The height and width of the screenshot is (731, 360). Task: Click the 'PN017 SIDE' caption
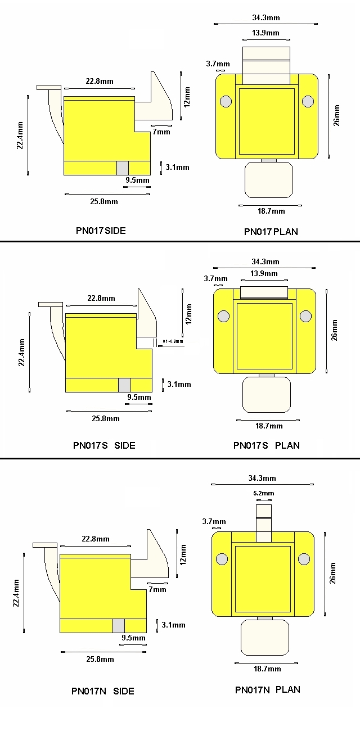[x=101, y=231]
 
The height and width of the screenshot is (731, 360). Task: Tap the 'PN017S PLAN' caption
[x=266, y=445]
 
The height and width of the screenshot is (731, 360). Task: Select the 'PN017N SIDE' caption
[x=103, y=691]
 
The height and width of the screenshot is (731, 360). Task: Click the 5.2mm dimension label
[x=264, y=493]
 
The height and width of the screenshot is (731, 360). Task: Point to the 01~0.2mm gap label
[x=173, y=341]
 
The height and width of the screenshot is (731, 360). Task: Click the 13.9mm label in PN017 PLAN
[x=265, y=33]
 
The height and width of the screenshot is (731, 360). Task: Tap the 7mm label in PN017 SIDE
[x=161, y=132]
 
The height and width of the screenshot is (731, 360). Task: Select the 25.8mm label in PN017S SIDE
[x=106, y=418]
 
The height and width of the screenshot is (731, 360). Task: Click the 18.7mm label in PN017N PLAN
[x=267, y=669]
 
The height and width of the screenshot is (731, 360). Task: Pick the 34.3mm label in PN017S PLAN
[x=265, y=261]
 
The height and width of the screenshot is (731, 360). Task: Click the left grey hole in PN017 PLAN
[x=226, y=101]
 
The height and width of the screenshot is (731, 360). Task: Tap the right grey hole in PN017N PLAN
[x=304, y=559]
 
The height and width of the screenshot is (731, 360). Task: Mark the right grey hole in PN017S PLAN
[x=305, y=316]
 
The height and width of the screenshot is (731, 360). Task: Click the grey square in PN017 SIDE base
[x=123, y=168]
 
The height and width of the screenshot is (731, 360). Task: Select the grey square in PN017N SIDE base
[x=119, y=626]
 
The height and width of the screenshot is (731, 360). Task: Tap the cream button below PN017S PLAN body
[x=267, y=395]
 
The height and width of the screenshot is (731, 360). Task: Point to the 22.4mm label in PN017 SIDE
[x=20, y=135]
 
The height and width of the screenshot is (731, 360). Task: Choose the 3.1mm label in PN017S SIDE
[x=179, y=384]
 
